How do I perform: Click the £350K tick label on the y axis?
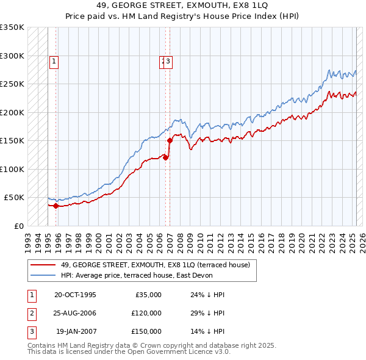(x=12, y=27)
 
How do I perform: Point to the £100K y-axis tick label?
(x=12, y=169)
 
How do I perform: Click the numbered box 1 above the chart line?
(x=54, y=61)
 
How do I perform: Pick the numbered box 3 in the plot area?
(x=168, y=61)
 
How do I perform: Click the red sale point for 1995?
(x=56, y=206)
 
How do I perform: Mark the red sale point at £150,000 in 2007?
(x=170, y=141)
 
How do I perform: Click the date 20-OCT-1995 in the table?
(x=75, y=295)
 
